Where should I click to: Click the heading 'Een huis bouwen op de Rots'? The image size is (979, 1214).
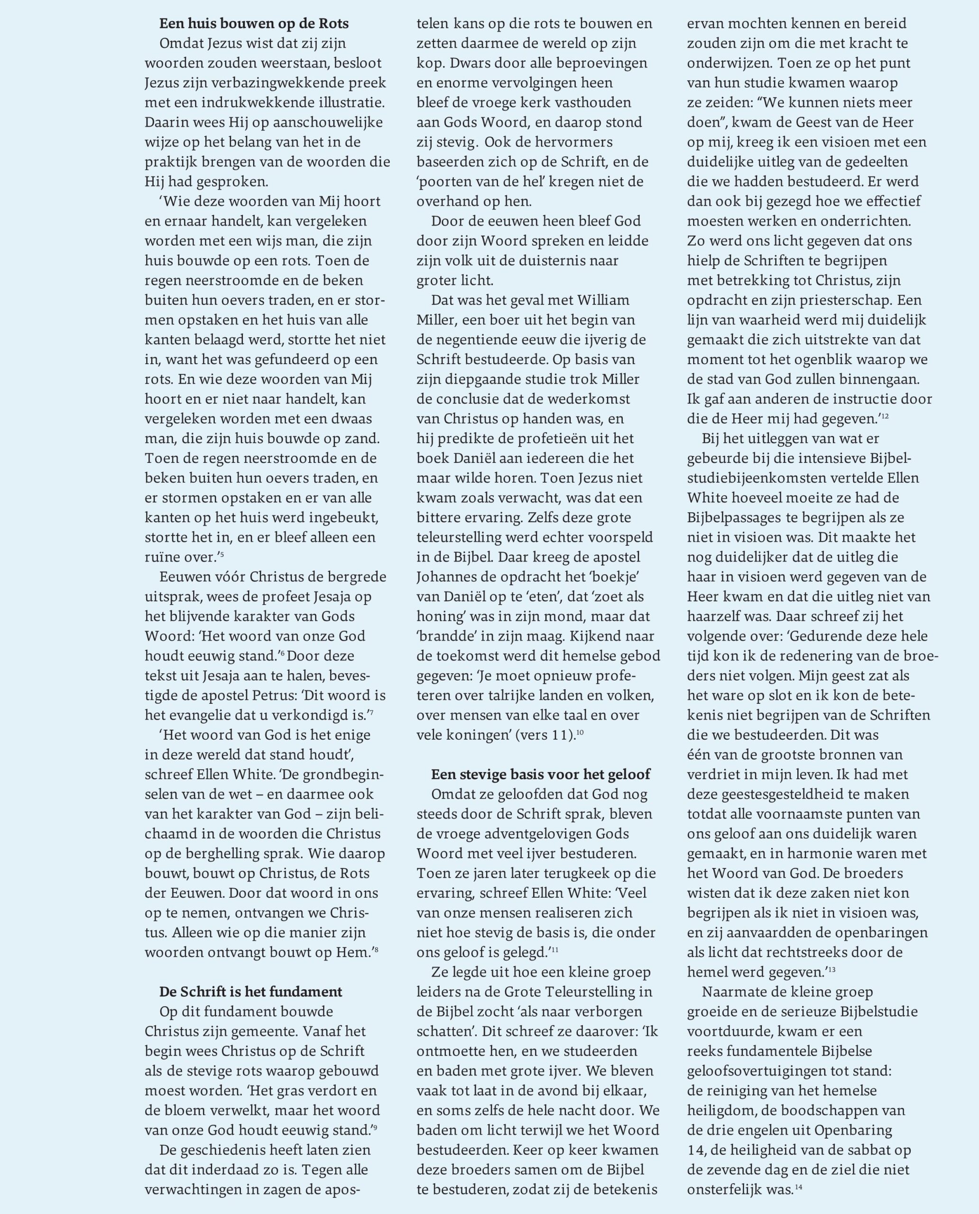(254, 24)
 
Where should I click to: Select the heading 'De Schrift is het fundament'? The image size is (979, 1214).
(250, 992)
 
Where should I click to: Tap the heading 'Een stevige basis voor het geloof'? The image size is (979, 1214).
(540, 774)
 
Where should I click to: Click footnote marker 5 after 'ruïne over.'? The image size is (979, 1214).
(222, 555)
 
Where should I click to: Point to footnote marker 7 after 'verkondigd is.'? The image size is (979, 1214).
(372, 713)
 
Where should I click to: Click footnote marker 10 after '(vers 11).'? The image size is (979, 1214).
(580, 733)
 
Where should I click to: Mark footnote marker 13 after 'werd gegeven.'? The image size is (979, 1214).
(832, 970)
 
